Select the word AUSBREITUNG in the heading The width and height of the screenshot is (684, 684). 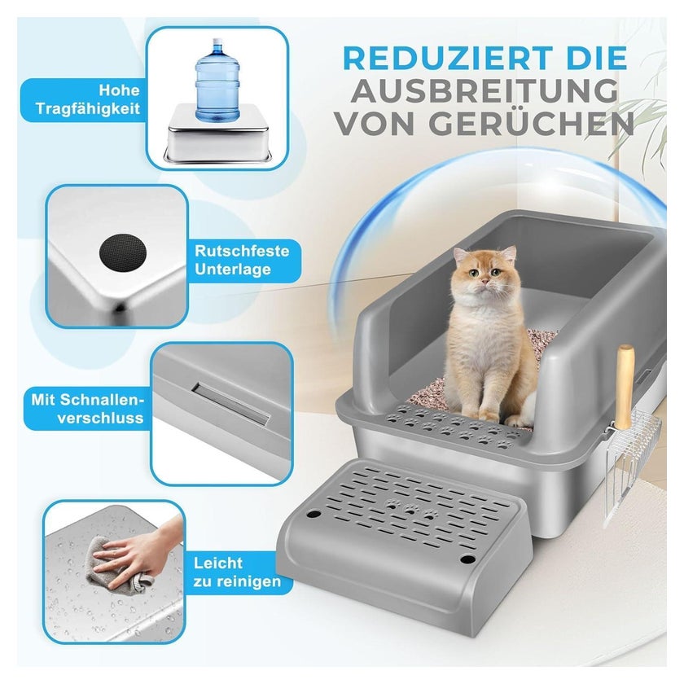[484, 90]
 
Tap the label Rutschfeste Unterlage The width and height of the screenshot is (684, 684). [242, 260]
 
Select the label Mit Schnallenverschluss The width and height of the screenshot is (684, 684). [87, 409]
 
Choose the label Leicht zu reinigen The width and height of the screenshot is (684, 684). [237, 572]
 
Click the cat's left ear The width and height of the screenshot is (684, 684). [460, 255]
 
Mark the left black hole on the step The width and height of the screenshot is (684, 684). [313, 514]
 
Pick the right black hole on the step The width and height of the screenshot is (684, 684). [468, 559]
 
